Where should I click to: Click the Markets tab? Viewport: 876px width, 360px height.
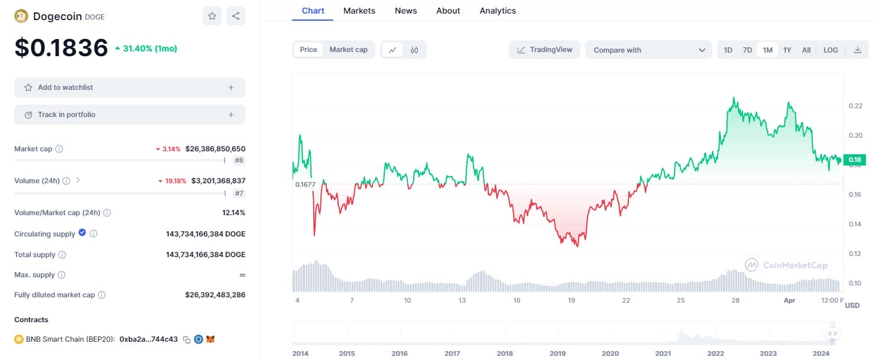[x=359, y=11]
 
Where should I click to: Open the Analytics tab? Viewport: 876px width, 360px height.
[x=498, y=11]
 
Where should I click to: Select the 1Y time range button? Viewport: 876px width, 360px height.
[x=787, y=50]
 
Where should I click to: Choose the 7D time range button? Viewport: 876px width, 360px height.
[x=747, y=50]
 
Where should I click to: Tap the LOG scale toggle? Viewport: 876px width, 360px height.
[x=830, y=50]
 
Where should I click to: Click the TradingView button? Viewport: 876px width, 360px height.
[x=544, y=50]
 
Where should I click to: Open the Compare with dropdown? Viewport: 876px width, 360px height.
[x=648, y=50]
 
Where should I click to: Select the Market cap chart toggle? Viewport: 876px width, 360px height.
[x=348, y=50]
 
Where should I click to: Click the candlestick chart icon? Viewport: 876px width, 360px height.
[x=414, y=50]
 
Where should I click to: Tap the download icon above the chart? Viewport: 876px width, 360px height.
[x=857, y=50]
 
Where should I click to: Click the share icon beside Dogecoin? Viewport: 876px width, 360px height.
[x=236, y=16]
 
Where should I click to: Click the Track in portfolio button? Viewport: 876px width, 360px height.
[x=129, y=115]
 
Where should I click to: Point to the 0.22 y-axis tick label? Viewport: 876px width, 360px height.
[x=855, y=106]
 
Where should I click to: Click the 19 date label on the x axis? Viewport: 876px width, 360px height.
[x=572, y=300]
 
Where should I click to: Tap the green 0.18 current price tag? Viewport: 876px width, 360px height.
[x=855, y=160]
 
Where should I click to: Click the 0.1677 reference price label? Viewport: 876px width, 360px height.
[x=305, y=184]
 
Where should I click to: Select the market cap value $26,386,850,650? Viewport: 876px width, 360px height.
[x=216, y=149]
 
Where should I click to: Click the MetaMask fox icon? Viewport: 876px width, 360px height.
[x=210, y=339]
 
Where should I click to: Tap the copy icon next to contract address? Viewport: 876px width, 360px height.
[x=187, y=340]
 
